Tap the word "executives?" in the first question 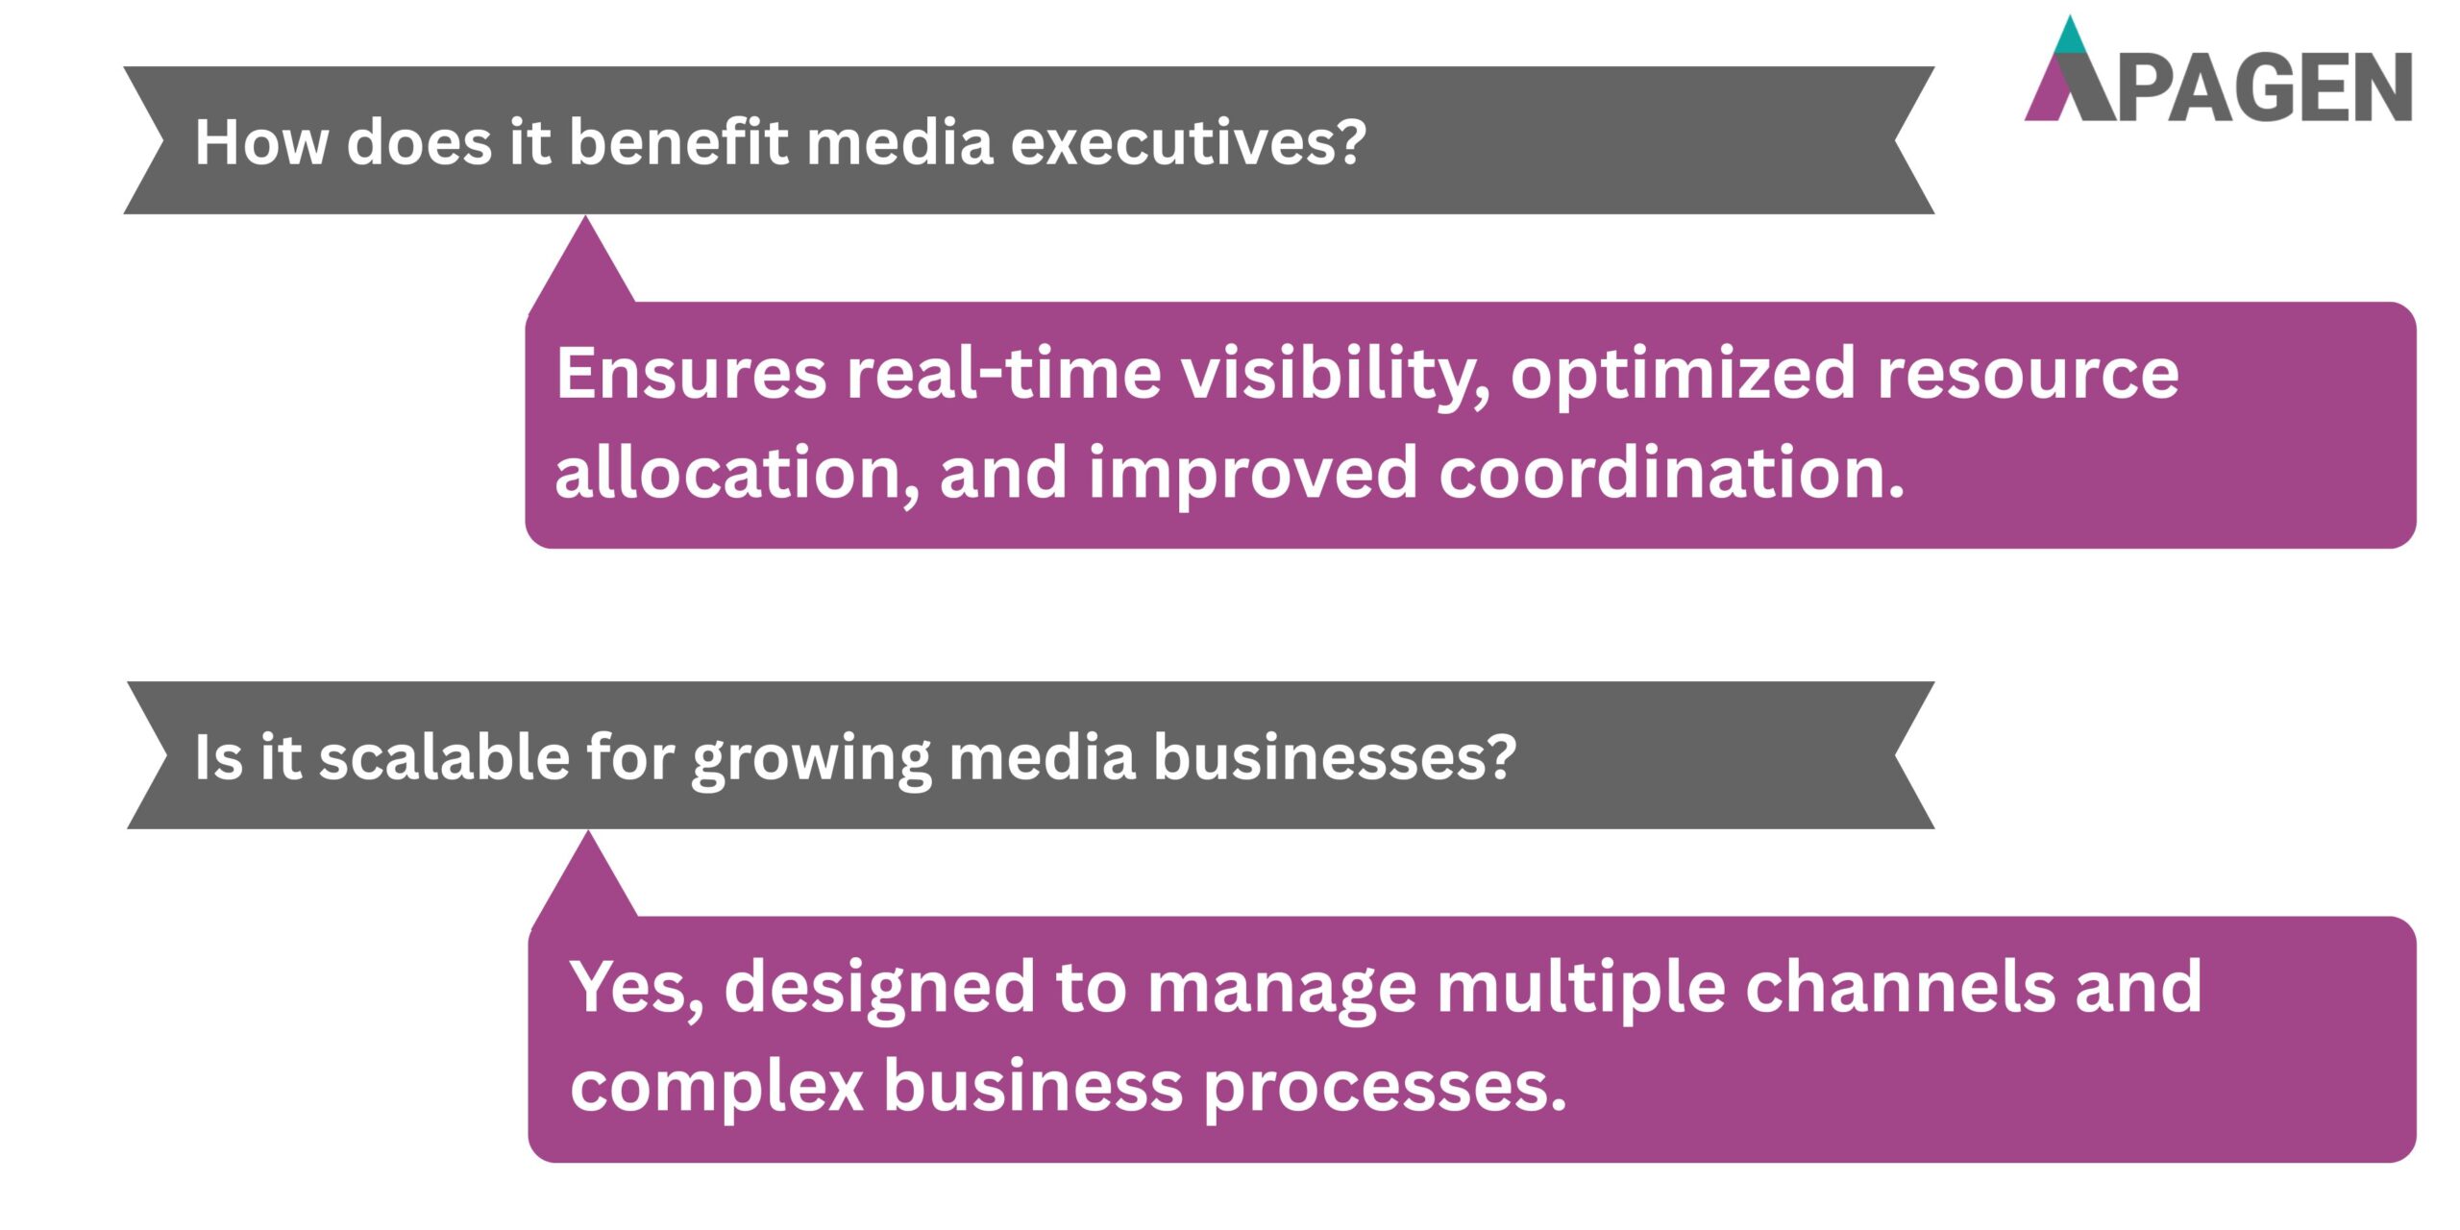(x=1188, y=142)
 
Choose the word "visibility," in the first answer (x=1336, y=375)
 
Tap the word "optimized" (x=1683, y=375)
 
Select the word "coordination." (x=1671, y=473)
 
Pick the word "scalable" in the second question (x=444, y=757)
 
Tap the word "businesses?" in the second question (x=1334, y=757)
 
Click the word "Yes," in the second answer (x=637, y=988)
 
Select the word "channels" (x=1899, y=988)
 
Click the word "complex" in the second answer (x=717, y=1088)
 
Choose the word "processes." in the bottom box (x=1385, y=1088)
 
